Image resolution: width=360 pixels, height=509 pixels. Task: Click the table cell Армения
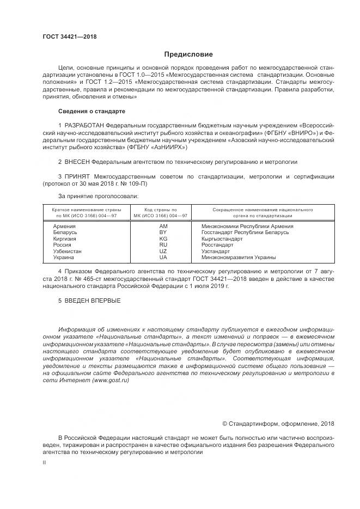(x=64, y=226)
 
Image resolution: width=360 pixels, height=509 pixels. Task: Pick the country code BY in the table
(x=163, y=232)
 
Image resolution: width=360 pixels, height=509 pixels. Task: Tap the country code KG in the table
(x=163, y=238)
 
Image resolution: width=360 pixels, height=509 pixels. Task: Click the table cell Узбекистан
(x=68, y=251)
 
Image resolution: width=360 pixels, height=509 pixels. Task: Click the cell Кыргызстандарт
(x=222, y=238)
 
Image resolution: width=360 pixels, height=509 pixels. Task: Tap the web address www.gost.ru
(x=111, y=381)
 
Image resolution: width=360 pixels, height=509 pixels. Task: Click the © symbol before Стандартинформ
(x=224, y=424)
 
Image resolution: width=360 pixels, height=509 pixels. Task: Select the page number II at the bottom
(x=45, y=462)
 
